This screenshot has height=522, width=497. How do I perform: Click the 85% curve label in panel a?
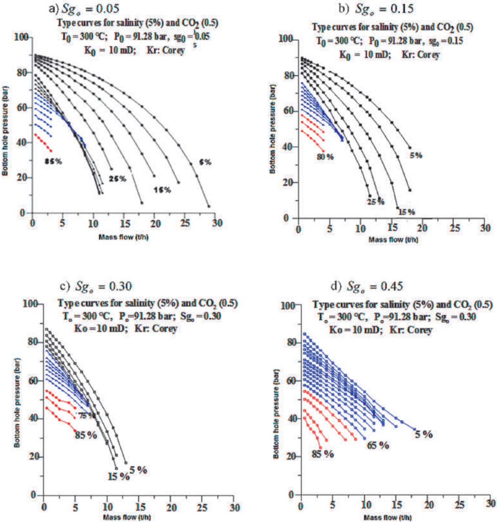tap(53, 162)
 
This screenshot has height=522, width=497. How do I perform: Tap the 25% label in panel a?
tap(117, 179)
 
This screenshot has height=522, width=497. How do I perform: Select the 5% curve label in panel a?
tap(205, 162)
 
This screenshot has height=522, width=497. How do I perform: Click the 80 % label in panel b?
tap(325, 157)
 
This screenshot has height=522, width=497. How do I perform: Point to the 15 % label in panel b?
tap(406, 212)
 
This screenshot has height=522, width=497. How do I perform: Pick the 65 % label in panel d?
tap(378, 445)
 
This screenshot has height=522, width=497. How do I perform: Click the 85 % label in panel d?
tap(323, 454)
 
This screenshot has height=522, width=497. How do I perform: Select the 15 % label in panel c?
tap(118, 476)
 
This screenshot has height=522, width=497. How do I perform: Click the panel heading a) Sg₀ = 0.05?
tap(84, 9)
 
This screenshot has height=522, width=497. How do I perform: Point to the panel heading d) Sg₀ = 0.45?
tap(367, 286)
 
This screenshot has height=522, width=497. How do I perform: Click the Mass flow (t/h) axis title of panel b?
tap(393, 240)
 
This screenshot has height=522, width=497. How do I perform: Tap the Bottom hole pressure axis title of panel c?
tap(17, 402)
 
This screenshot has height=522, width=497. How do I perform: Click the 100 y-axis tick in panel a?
tap(21, 37)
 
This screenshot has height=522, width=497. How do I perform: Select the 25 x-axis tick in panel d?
tap(460, 504)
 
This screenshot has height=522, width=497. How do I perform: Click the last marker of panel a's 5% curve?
tap(209, 206)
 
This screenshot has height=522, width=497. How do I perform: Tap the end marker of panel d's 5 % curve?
tap(414, 429)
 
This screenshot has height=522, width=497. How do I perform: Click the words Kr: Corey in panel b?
tap(421, 55)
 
